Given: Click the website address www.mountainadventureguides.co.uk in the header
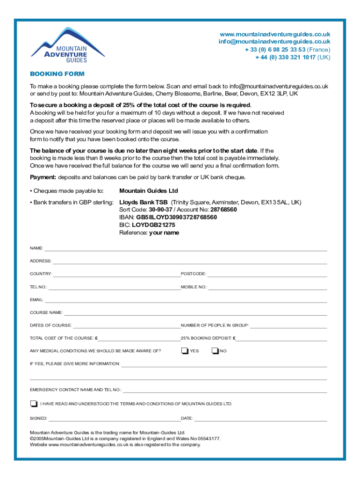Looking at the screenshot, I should coord(275,34).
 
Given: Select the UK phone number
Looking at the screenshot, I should coord(285,57).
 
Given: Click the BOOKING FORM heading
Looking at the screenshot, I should coord(57,74).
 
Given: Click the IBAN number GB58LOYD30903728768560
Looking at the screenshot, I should coord(176,217).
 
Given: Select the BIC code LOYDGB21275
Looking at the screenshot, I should coord(153,225).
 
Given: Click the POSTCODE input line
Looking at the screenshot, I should coord(267,275).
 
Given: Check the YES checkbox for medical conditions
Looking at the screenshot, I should coord(185,351).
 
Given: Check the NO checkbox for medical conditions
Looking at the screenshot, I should coord(215,351).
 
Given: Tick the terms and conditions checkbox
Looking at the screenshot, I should coord(33,403).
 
